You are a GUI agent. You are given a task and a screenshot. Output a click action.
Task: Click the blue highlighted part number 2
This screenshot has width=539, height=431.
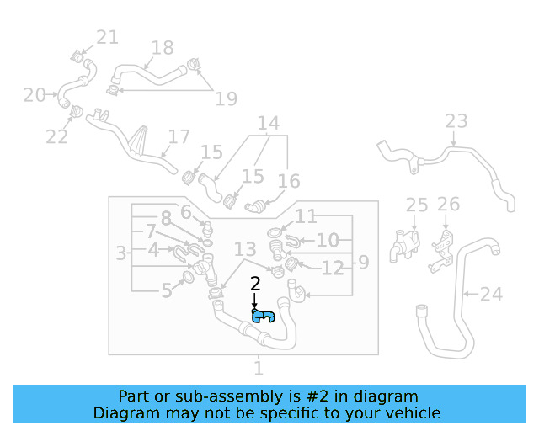(x=264, y=317)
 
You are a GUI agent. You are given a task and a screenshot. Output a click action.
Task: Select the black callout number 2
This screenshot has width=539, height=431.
(x=255, y=285)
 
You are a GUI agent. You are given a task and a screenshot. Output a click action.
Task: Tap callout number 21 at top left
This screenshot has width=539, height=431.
(x=107, y=37)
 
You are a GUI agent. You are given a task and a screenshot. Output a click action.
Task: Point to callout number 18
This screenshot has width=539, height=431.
(x=162, y=48)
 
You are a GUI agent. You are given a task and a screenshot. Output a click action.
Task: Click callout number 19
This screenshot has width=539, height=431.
(x=226, y=98)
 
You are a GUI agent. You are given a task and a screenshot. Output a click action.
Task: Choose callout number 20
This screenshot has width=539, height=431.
(x=35, y=95)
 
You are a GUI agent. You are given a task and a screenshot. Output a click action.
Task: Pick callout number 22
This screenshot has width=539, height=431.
(x=56, y=136)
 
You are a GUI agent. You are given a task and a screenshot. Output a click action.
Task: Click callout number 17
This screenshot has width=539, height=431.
(x=179, y=136)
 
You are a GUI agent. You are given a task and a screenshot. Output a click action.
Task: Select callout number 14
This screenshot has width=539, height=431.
(x=268, y=125)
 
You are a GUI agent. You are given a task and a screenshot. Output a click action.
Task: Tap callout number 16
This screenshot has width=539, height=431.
(x=288, y=181)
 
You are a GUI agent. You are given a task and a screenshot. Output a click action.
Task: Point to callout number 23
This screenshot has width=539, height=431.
(x=456, y=121)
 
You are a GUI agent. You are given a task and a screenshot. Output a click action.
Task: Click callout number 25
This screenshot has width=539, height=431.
(x=417, y=205)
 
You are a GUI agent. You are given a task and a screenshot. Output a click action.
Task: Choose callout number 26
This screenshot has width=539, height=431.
(x=448, y=204)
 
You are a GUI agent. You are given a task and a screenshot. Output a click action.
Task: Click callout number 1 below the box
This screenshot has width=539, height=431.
(x=259, y=368)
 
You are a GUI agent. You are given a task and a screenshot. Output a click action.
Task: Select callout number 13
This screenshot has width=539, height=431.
(x=245, y=249)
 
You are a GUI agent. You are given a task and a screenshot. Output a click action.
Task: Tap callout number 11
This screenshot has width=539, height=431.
(x=306, y=216)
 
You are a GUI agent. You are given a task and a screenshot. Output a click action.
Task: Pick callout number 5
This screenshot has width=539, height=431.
(x=167, y=290)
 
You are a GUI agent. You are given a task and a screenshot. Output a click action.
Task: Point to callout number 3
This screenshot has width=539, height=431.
(x=121, y=252)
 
